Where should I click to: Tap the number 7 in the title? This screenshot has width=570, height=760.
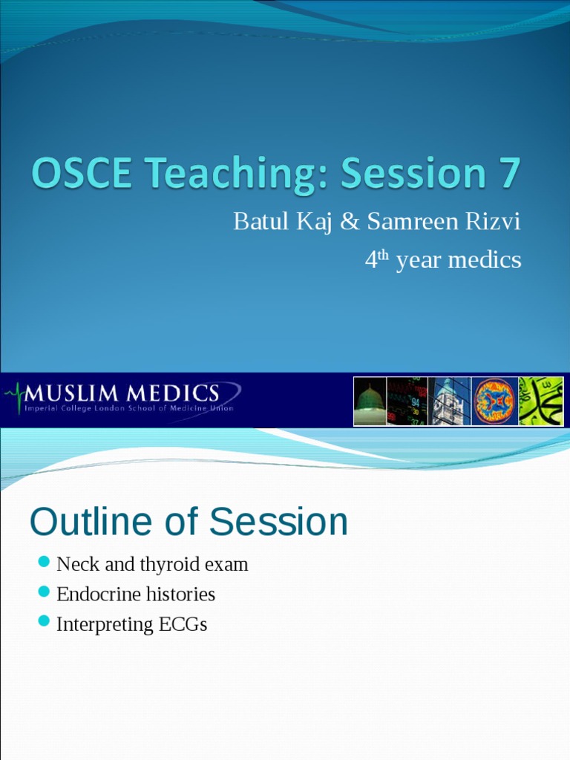pyautogui.click(x=505, y=174)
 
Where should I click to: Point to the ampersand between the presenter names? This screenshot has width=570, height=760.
pyautogui.click(x=348, y=221)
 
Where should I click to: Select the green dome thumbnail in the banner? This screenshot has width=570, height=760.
pyautogui.click(x=369, y=401)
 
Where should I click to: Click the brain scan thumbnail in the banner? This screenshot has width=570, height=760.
pyautogui.click(x=494, y=401)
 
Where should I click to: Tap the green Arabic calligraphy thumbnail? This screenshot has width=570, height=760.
pyautogui.click(x=540, y=401)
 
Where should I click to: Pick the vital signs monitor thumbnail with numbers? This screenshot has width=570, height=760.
pyautogui.click(x=407, y=401)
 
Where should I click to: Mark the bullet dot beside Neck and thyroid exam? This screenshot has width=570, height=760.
pyautogui.click(x=44, y=561)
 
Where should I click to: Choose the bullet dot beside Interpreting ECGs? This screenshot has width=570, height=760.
pyautogui.click(x=44, y=620)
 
